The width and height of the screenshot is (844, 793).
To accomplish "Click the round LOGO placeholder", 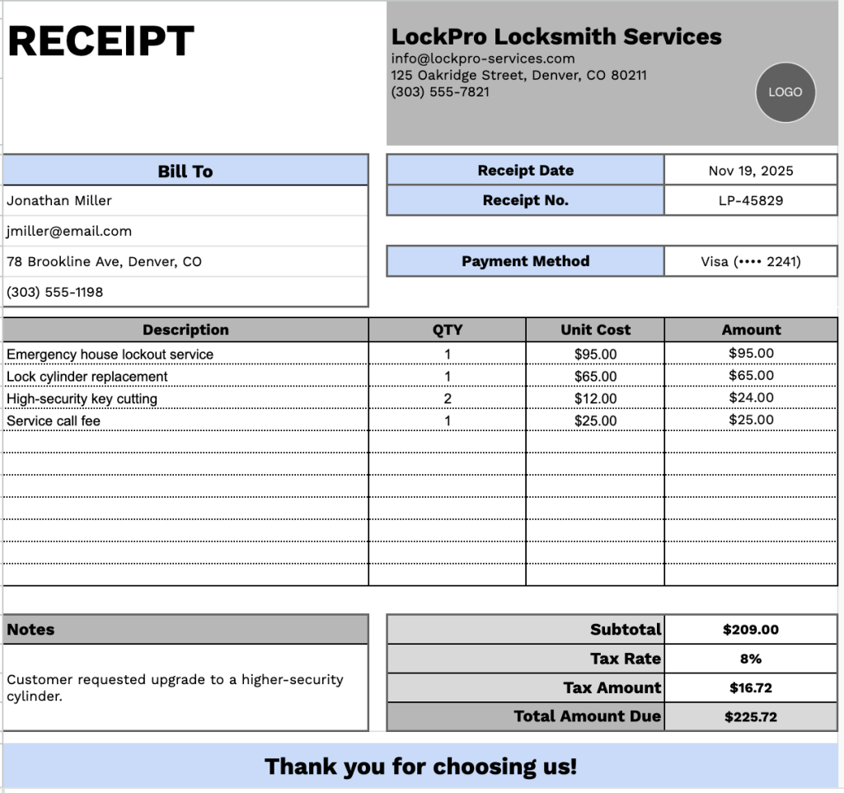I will [x=785, y=92].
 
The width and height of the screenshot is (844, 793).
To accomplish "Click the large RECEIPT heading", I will [x=101, y=41].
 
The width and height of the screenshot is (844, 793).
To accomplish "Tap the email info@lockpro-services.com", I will [x=482, y=59].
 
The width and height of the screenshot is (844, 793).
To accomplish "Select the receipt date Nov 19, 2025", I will [x=750, y=171].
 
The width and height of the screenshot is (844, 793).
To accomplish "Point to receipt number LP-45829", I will [x=750, y=200].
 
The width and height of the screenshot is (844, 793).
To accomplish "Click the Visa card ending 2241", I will [x=750, y=261].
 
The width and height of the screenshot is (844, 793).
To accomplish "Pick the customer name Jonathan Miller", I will [x=59, y=200].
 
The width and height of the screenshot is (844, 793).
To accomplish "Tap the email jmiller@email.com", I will [x=69, y=231].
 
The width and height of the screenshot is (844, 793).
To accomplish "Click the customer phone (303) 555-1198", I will [x=54, y=292].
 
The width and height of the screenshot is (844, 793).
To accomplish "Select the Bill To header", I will [x=185, y=171].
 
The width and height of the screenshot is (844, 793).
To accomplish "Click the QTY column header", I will [x=448, y=330].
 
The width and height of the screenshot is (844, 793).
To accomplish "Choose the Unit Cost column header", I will [x=595, y=330].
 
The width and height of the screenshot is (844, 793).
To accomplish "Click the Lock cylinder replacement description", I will [x=87, y=377].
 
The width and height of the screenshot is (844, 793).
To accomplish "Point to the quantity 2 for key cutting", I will [x=448, y=399].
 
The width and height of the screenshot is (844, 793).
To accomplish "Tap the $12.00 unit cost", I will [x=595, y=399].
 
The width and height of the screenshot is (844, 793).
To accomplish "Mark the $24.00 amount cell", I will [x=751, y=397].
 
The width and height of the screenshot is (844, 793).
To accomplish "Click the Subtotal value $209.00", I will [x=750, y=630].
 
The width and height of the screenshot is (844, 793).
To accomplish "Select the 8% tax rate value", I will [x=750, y=659].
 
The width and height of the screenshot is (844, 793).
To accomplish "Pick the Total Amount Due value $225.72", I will [x=750, y=717].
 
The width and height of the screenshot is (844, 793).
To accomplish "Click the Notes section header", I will [x=31, y=630].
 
